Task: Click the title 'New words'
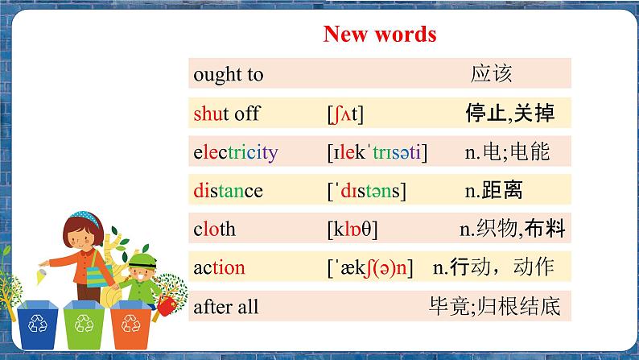click(379, 34)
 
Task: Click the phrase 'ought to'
click(228, 75)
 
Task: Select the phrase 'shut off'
click(226, 114)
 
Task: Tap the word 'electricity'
click(235, 152)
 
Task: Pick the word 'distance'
click(228, 191)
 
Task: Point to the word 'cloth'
click(214, 230)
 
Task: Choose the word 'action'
click(219, 268)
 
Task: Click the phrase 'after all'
click(225, 307)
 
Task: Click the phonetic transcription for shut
click(345, 114)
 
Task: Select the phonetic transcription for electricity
click(377, 152)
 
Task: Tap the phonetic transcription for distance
click(366, 191)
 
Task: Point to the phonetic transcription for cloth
click(352, 230)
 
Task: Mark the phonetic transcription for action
click(369, 268)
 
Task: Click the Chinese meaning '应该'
click(491, 75)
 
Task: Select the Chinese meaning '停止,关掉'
click(509, 114)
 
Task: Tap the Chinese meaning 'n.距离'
click(494, 191)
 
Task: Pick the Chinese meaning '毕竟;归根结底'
click(494, 307)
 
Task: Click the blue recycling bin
click(38, 325)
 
